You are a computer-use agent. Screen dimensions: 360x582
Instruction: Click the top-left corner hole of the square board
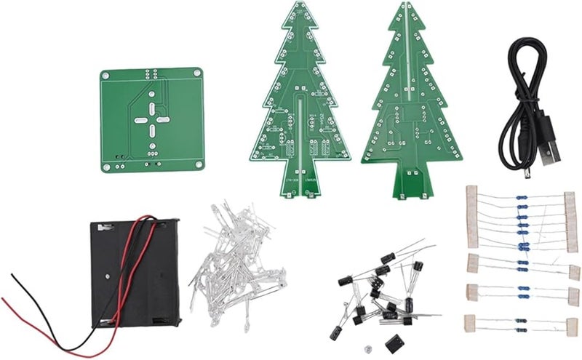(x=107, y=75)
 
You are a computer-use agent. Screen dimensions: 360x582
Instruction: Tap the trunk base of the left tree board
(x=299, y=191)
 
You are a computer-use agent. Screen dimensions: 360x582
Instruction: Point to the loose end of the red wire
(x=6, y=300)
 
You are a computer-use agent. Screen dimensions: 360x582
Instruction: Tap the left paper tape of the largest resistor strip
(x=471, y=217)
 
